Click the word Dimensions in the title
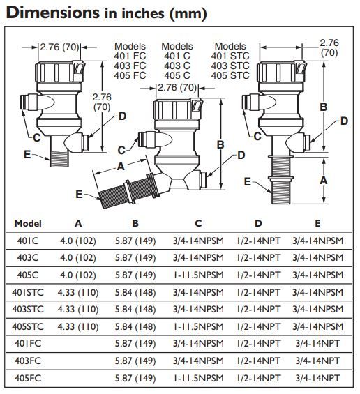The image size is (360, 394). point(53,13)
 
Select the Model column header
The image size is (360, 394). point(28,223)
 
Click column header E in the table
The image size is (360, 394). point(317,223)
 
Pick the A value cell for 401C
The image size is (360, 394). point(78,241)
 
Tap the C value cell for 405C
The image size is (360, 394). point(198,275)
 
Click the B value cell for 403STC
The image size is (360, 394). point(135,310)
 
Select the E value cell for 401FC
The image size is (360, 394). point(317,344)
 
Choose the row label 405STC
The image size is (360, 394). point(28,326)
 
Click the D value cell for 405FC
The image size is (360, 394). point(258,378)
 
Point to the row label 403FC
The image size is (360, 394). point(28,361)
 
